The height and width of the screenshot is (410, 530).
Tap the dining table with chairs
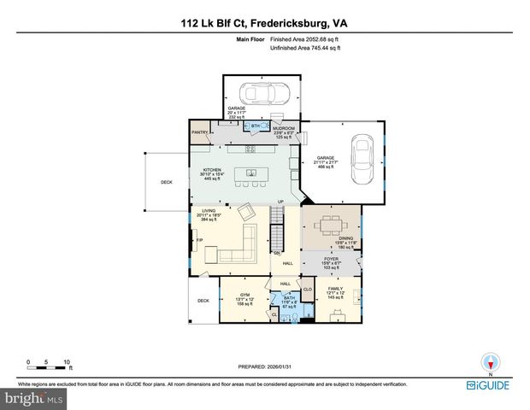pyautogui.click(x=330, y=225)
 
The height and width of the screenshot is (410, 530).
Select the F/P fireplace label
pyautogui.click(x=199, y=240)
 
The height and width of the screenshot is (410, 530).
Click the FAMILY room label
pyautogui.click(x=335, y=289)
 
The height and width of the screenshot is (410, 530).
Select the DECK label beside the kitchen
pyautogui.click(x=167, y=182)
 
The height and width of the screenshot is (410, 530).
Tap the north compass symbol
pyautogui.click(x=490, y=362)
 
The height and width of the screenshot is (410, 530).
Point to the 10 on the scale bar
pyautogui.click(x=67, y=361)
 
